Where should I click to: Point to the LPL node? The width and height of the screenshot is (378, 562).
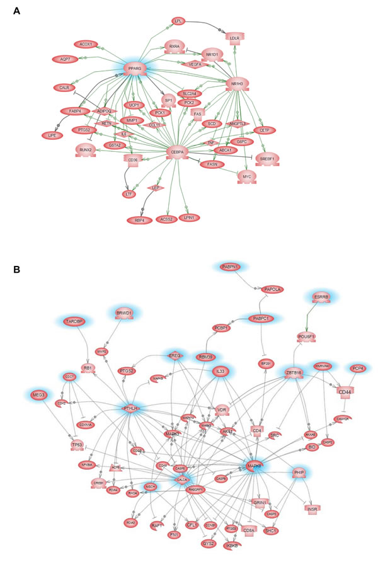click(180, 21)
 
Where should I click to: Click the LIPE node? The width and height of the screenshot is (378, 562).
click(50, 135)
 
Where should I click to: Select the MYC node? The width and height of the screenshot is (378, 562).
click(246, 178)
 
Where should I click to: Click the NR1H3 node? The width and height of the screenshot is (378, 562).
click(237, 83)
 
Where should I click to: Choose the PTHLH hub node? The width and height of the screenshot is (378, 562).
click(130, 409)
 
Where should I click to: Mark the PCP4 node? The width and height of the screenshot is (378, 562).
click(357, 368)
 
